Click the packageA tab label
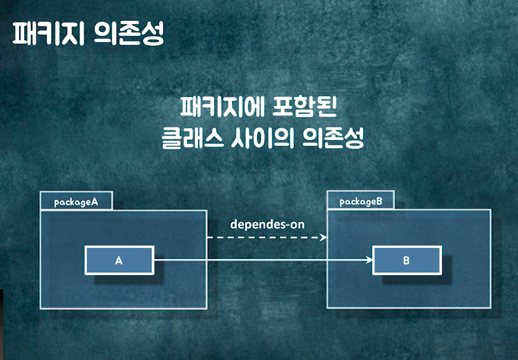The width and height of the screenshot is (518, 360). click(x=76, y=202)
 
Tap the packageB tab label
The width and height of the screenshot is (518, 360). click(x=361, y=201)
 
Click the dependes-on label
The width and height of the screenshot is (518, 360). click(x=267, y=224)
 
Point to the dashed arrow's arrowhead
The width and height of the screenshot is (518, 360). click(x=324, y=238)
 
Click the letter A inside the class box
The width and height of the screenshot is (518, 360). click(x=119, y=260)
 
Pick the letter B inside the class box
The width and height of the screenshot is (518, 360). click(x=406, y=260)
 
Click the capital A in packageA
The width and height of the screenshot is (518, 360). click(x=94, y=202)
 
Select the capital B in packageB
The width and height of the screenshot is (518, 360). click(x=379, y=201)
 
